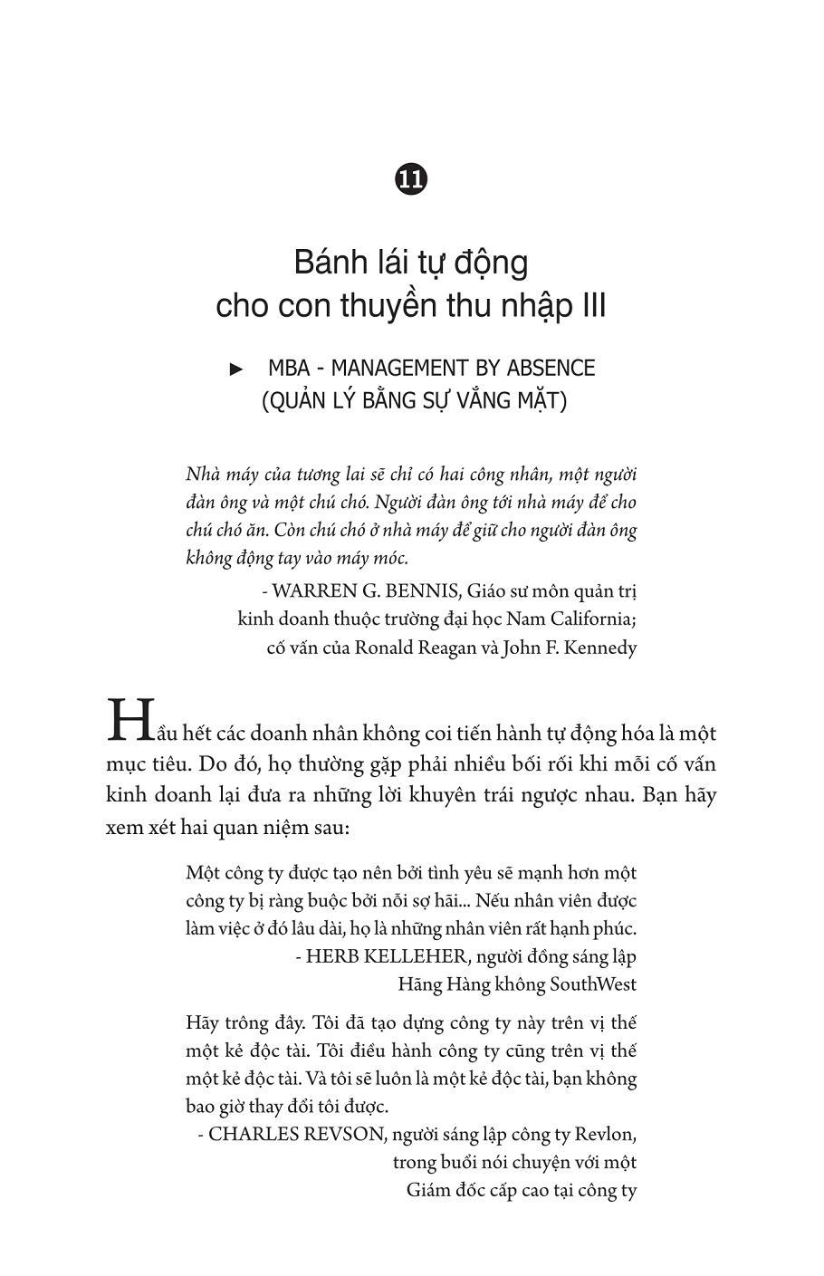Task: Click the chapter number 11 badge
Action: click(x=411, y=178)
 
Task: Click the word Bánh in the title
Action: click(x=329, y=264)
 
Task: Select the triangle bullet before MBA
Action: click(x=237, y=369)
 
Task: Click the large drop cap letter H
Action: click(x=127, y=720)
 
